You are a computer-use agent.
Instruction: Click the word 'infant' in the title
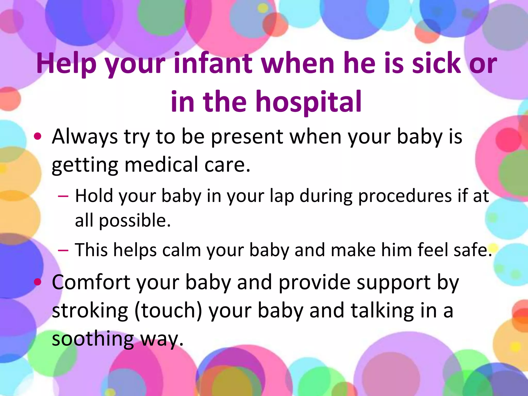click(213, 63)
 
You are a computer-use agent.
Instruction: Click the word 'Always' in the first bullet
click(85, 137)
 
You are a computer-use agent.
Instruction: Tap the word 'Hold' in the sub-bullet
click(94, 196)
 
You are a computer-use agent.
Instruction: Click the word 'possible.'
click(135, 221)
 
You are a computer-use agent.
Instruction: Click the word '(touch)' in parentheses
click(168, 310)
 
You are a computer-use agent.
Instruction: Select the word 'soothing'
click(93, 339)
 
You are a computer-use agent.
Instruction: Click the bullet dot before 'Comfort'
click(38, 282)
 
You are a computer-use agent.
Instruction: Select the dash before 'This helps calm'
click(63, 250)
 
